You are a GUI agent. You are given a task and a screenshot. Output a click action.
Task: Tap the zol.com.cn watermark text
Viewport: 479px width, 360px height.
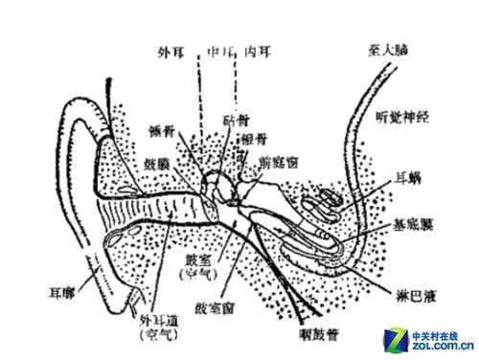click(x=442, y=346)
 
